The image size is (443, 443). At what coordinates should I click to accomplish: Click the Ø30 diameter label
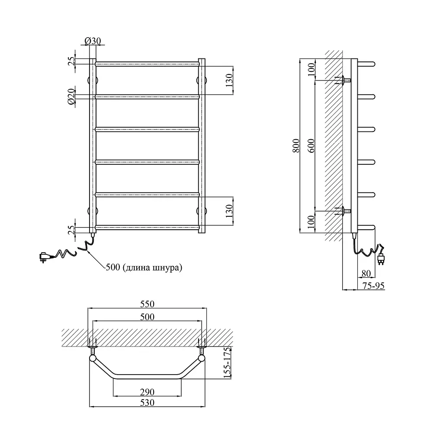tap(93, 41)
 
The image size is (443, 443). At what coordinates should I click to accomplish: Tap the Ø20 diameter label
tap(71, 96)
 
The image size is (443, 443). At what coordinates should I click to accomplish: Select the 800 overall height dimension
tap(296, 146)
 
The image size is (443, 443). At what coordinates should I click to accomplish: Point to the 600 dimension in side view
tap(311, 146)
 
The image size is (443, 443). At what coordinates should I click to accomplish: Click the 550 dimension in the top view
tap(147, 304)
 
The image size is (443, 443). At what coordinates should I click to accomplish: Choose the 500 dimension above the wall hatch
tap(147, 317)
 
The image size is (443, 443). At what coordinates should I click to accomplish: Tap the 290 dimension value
tap(147, 392)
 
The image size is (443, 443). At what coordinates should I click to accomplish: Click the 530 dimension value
tap(147, 402)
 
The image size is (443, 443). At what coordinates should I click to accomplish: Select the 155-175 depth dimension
tap(227, 363)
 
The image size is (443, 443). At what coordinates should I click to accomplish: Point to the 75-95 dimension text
tap(373, 286)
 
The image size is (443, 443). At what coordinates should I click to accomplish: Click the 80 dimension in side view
tap(366, 273)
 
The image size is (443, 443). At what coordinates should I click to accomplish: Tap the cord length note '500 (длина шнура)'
tap(144, 267)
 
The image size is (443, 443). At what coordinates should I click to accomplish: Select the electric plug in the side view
tap(381, 259)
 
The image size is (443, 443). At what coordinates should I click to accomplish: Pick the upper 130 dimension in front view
tap(229, 80)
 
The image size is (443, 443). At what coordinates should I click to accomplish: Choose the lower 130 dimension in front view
tap(229, 211)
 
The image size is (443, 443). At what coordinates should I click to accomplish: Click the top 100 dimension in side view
tap(311, 70)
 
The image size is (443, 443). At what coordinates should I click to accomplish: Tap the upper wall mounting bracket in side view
tap(343, 80)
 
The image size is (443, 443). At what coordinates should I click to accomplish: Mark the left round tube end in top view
tap(93, 359)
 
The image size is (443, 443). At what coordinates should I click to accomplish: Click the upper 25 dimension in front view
tap(72, 61)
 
